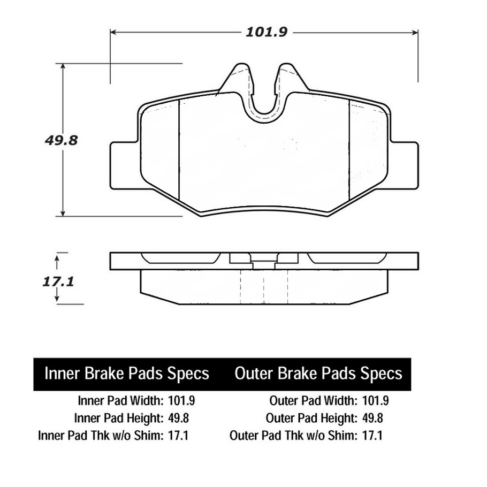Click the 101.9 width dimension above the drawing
click(267, 32)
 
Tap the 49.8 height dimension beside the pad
click(61, 140)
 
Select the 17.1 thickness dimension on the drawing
click(58, 281)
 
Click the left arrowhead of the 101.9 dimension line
click(113, 32)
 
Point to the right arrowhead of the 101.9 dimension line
click(415, 32)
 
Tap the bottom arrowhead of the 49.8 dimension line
click(63, 213)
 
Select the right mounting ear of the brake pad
click(404, 165)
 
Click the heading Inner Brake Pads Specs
click(127, 374)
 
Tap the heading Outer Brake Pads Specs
click(318, 374)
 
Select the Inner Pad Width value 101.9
click(181, 401)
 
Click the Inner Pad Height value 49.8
click(178, 418)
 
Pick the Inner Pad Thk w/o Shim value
click(178, 436)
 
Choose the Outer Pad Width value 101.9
click(376, 401)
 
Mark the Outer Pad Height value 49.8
click(372, 418)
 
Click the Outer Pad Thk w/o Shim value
click(372, 436)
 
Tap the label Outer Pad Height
click(311, 418)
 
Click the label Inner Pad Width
click(120, 401)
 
